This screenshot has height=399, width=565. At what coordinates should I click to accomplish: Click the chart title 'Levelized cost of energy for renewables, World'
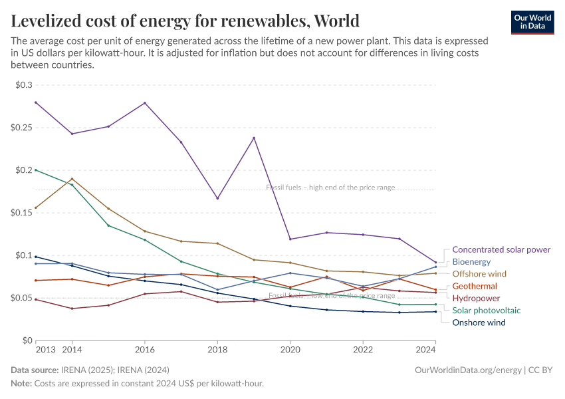pyautogui.click(x=185, y=21)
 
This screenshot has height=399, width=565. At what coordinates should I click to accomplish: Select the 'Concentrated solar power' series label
pyautogui.click(x=501, y=249)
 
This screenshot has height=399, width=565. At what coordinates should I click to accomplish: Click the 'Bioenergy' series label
pyautogui.click(x=471, y=262)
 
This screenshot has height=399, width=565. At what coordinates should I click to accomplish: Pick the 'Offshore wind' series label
pyautogui.click(x=479, y=274)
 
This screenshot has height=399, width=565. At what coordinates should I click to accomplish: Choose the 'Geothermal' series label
pyautogui.click(x=475, y=286)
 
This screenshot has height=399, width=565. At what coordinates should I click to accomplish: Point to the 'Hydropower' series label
pyautogui.click(x=476, y=299)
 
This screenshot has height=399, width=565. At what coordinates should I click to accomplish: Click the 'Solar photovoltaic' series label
pyautogui.click(x=486, y=311)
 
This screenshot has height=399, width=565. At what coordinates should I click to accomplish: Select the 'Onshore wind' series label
pyautogui.click(x=479, y=323)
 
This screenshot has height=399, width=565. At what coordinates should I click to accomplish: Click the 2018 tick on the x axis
pyautogui.click(x=217, y=349)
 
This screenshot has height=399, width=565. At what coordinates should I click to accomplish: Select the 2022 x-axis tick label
pyautogui.click(x=362, y=349)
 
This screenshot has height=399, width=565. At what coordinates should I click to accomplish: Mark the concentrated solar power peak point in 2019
pyautogui.click(x=253, y=138)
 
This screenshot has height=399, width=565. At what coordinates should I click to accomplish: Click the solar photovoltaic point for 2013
pyautogui.click(x=36, y=170)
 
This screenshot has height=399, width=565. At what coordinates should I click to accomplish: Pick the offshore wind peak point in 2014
pyautogui.click(x=72, y=178)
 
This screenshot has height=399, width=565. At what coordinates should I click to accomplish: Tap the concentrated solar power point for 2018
pyautogui.click(x=217, y=198)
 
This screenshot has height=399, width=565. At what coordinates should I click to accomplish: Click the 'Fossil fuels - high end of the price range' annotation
pyautogui.click(x=330, y=188)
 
